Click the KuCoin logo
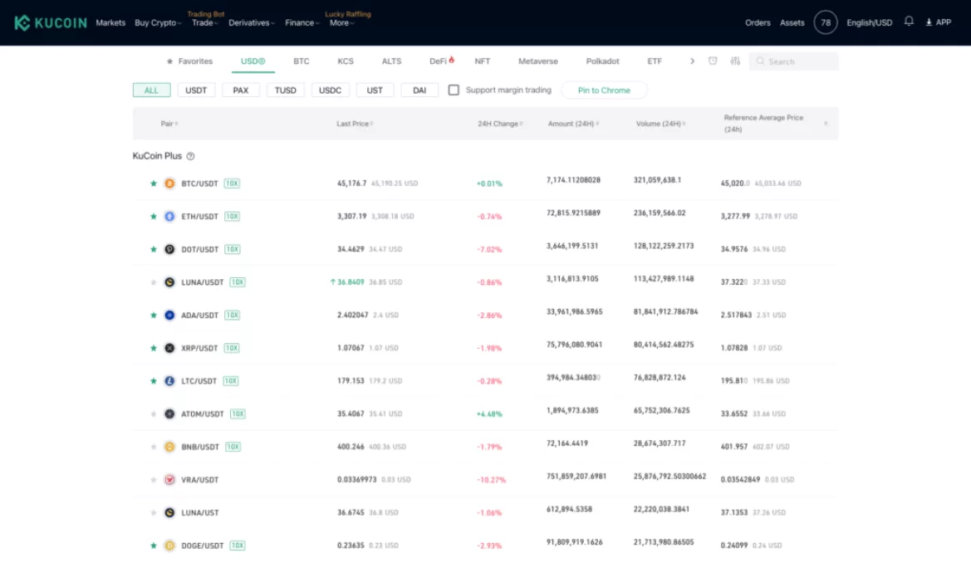pyautogui.click(x=51, y=22)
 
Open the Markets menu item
pyautogui.click(x=110, y=22)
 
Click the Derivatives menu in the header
pyautogui.click(x=249, y=22)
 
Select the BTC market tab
pyautogui.click(x=301, y=61)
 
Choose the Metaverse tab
pyautogui.click(x=538, y=61)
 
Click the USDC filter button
pyautogui.click(x=330, y=91)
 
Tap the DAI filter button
pyautogui.click(x=419, y=91)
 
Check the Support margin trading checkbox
pyautogui.click(x=454, y=90)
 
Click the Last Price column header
pyautogui.click(x=353, y=124)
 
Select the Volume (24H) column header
pyautogui.click(x=660, y=124)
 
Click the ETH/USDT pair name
pyautogui.click(x=199, y=217)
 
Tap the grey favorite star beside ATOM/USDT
pyautogui.click(x=154, y=414)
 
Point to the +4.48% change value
pyautogui.click(x=489, y=414)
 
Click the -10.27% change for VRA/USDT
pyautogui.click(x=491, y=480)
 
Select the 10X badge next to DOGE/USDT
pyautogui.click(x=238, y=546)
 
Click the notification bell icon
pyautogui.click(x=909, y=22)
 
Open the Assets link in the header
pyautogui.click(x=792, y=22)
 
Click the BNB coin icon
pyautogui.click(x=169, y=447)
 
